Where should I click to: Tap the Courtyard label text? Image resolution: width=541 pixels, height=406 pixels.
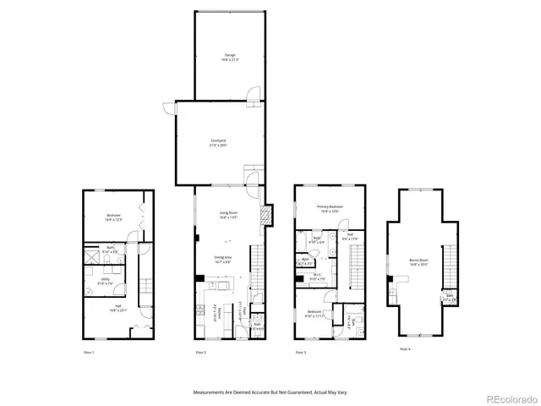[218, 142]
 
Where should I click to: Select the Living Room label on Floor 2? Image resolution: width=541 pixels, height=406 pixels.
[228, 215]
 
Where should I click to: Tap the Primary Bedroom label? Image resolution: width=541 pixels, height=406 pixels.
[330, 208]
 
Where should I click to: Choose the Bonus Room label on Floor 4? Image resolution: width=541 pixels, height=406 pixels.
[419, 263]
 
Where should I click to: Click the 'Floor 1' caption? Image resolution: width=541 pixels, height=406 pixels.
[88, 351]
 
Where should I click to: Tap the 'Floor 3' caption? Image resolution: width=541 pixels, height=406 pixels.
[299, 351]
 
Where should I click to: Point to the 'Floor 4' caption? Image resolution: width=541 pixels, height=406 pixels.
[407, 348]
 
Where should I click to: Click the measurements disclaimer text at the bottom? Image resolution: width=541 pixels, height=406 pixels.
[270, 392]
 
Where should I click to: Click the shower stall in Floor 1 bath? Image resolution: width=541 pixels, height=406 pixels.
[92, 255]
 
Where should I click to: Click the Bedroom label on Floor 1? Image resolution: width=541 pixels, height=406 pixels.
[113, 217]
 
